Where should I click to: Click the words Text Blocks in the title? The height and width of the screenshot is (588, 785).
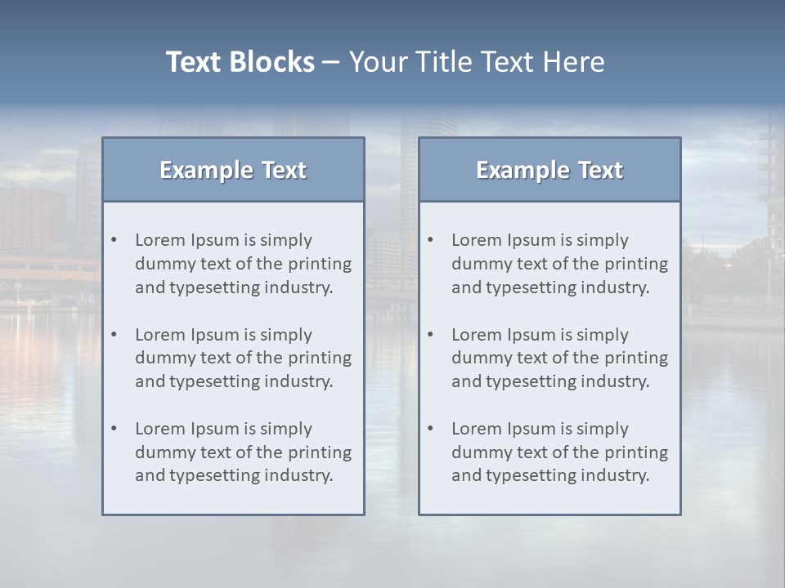coord(240,62)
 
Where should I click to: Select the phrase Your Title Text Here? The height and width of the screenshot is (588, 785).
coord(477,62)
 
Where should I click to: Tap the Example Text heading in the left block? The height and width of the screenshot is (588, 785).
coord(233,170)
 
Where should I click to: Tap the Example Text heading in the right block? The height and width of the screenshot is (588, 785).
coord(549,170)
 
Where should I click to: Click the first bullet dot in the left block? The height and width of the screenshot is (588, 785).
coord(114,240)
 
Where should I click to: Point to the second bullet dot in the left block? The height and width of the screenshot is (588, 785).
coord(114,335)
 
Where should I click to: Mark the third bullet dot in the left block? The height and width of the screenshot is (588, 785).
coord(114,429)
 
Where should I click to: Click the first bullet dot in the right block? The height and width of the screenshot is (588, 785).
coord(430,240)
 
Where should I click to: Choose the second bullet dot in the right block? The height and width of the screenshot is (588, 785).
coord(430,335)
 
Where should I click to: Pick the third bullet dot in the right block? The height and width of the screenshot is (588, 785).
coord(430,429)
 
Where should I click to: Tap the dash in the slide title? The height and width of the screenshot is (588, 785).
coord(331,62)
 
